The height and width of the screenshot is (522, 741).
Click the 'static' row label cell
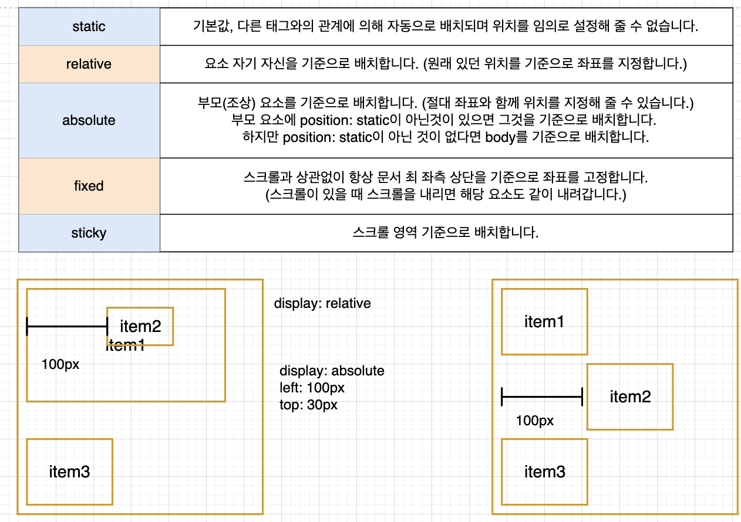click(x=89, y=26)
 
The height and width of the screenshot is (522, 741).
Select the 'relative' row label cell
click(x=89, y=64)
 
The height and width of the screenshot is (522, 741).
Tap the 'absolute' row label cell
click(x=89, y=120)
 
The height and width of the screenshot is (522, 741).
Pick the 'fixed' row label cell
click(x=89, y=186)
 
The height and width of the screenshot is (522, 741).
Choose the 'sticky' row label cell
click(x=89, y=233)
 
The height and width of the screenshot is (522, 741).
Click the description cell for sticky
click(x=446, y=233)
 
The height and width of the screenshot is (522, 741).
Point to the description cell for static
click(x=446, y=26)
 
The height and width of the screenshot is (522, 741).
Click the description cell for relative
click(x=446, y=64)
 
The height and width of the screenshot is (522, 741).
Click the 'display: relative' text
click(x=322, y=303)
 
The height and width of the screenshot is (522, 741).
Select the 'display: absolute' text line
click(x=332, y=371)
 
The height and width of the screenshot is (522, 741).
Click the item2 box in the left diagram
click(x=140, y=326)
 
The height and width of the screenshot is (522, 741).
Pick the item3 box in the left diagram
click(x=69, y=472)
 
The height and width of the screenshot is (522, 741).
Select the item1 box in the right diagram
click(x=544, y=321)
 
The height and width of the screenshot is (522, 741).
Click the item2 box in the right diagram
click(x=630, y=396)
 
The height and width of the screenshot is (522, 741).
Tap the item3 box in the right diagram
click(x=544, y=472)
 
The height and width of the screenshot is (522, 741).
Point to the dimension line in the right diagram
click(x=541, y=396)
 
